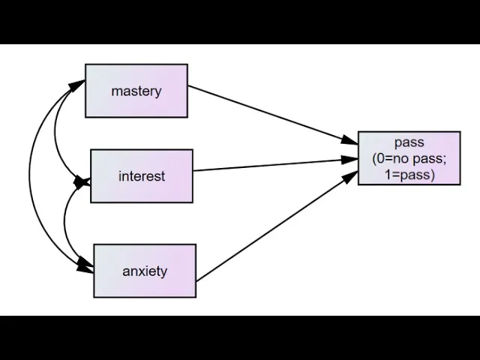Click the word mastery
[136, 91]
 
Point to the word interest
[141, 177]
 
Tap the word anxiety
[145, 271]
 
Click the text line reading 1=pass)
[409, 175]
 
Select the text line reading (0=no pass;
[409, 158]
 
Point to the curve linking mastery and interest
[56, 135]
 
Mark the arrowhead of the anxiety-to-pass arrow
[351, 175]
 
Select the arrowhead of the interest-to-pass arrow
[350, 158]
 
